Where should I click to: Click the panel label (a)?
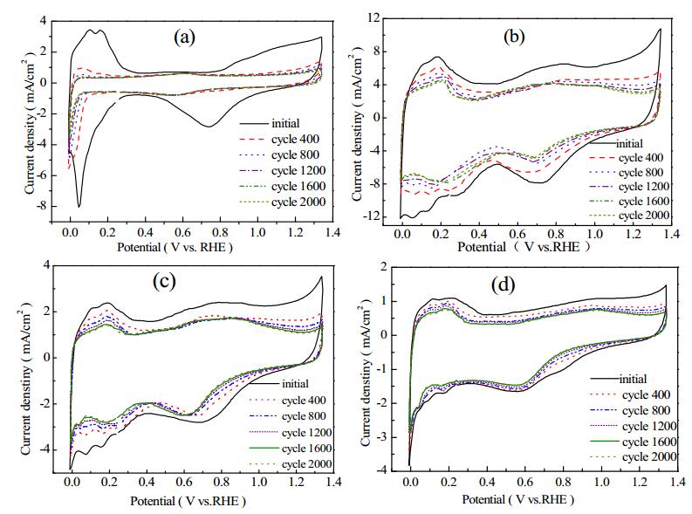[x=184, y=38]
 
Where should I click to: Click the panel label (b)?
[x=514, y=37]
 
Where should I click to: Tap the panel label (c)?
[x=164, y=281]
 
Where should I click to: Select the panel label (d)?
[x=504, y=285]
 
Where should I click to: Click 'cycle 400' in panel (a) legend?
[x=295, y=139]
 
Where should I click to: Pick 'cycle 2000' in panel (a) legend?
[x=298, y=202]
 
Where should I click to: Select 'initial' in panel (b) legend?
[x=629, y=144]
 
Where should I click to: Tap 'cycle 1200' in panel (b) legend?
[x=644, y=187]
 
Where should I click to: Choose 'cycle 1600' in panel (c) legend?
[x=306, y=449]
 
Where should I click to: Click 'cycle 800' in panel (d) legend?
[x=646, y=411]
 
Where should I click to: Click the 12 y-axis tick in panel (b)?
[x=373, y=17]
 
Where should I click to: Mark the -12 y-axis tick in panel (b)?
[x=371, y=217]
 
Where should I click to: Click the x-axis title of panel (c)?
[x=188, y=501]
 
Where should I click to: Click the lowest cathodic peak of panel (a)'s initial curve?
[x=79, y=207]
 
